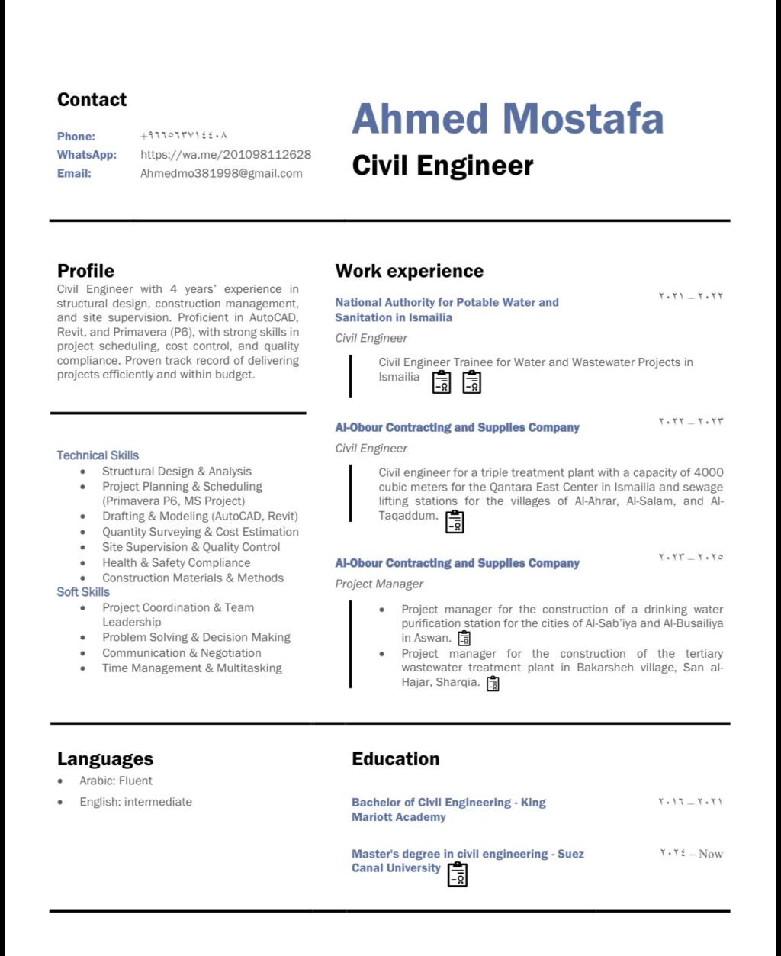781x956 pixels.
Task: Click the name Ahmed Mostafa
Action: (507, 119)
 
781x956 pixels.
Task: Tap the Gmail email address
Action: (221, 173)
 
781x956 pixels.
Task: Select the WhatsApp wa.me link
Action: (226, 155)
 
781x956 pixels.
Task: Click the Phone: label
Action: (76, 137)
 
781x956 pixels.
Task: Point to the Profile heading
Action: (85, 271)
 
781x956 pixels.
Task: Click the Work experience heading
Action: (409, 271)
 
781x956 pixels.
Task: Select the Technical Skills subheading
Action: (98, 455)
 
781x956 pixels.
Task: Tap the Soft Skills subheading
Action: (83, 592)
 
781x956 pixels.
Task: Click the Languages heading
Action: (105, 758)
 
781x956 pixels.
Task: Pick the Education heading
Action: (395, 758)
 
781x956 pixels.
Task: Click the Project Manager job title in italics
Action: (379, 584)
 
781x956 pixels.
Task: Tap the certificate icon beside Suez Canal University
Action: (457, 874)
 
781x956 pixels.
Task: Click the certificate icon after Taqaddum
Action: (455, 521)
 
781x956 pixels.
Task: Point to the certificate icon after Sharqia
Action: (493, 684)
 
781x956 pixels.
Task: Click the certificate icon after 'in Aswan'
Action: (464, 638)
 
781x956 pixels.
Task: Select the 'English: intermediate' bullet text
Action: (136, 802)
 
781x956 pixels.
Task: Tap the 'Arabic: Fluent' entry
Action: (116, 781)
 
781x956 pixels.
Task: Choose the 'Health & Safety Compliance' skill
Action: (176, 562)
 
